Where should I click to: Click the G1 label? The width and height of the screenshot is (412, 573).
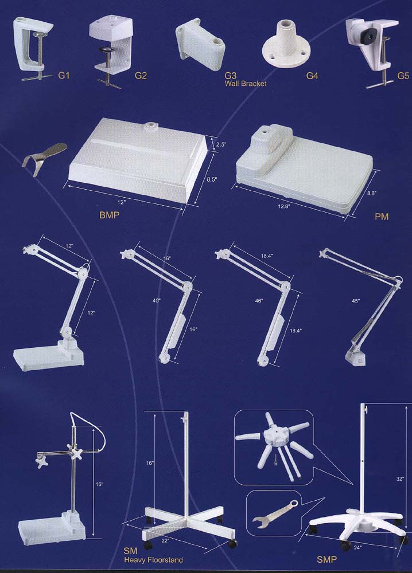(64, 76)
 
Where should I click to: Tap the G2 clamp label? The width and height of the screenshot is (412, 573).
(141, 76)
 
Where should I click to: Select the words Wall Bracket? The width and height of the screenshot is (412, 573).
(246, 84)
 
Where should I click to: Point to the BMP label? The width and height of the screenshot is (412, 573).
(109, 215)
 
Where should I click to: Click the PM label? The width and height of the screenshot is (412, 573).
(381, 217)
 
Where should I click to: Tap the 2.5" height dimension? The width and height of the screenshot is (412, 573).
(221, 144)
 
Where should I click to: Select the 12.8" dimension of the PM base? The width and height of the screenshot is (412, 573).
(284, 206)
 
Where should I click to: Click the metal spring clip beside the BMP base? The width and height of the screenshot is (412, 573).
(44, 159)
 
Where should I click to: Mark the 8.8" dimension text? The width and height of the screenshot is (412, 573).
(372, 193)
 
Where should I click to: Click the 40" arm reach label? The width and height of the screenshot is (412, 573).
(157, 301)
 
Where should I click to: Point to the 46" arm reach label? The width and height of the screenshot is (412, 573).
(259, 301)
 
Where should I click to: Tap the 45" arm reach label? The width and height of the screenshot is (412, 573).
(356, 301)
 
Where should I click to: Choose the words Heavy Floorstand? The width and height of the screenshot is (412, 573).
(153, 559)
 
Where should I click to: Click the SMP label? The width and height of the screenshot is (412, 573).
(327, 559)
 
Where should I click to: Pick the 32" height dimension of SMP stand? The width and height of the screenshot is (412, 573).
(401, 478)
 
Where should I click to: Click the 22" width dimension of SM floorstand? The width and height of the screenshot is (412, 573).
(165, 540)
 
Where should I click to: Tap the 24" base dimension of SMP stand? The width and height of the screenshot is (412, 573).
(357, 547)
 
